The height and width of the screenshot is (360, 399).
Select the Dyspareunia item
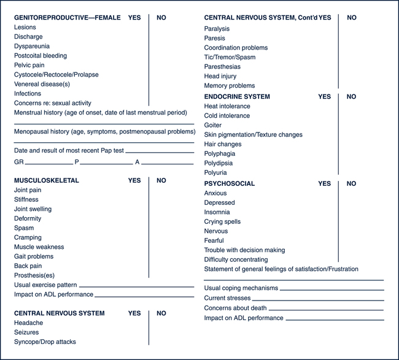tap(32, 46)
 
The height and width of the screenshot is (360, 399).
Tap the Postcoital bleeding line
tap(41, 56)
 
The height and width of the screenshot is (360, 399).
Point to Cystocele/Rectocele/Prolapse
tap(56, 75)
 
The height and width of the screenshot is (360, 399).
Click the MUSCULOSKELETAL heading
tap(47, 181)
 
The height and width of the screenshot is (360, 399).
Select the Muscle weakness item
tap(39, 247)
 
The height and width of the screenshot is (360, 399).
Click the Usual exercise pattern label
tap(46, 285)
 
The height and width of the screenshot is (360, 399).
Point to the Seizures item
tap(28, 332)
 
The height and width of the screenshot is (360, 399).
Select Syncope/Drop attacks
tap(45, 342)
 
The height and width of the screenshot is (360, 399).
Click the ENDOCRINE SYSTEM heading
tap(237, 97)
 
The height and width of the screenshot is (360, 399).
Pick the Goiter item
tap(213, 125)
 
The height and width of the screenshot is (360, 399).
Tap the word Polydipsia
tap(219, 163)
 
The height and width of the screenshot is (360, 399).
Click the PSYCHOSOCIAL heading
tap(230, 183)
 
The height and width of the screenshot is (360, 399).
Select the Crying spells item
tap(222, 222)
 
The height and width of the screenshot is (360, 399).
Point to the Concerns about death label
tap(235, 308)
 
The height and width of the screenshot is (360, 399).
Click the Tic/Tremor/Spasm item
tap(230, 57)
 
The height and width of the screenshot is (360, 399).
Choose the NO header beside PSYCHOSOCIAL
tap(351, 183)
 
